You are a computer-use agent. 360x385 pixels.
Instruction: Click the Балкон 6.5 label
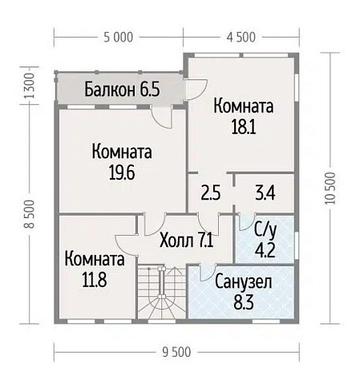(x=122, y=89)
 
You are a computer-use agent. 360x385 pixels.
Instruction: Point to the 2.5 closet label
(x=210, y=193)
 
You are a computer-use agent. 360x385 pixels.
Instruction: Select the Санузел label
(x=244, y=282)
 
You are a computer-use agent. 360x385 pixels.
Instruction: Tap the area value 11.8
(x=95, y=280)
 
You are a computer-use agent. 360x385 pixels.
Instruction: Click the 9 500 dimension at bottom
(x=175, y=354)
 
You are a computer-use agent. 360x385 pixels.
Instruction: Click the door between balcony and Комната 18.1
(x=196, y=89)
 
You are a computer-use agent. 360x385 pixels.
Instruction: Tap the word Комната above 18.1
(x=242, y=106)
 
